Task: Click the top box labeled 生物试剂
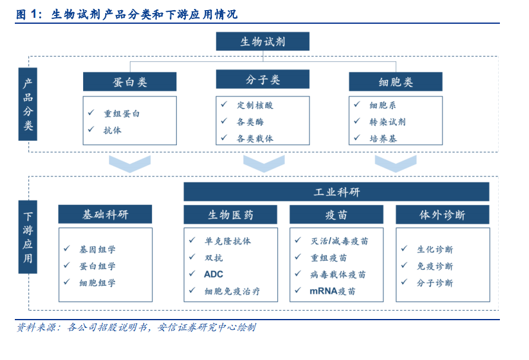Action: pos(262,41)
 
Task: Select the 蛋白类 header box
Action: pos(129,81)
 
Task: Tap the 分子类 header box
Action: pos(262,79)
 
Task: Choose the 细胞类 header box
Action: pos(395,81)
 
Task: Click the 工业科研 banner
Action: pos(337,192)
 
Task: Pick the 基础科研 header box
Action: pos(105,214)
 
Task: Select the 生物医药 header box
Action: pos(230,214)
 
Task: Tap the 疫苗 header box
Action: pos(337,214)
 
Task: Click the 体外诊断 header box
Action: pos(442,214)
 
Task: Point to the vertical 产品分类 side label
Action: pos(28,104)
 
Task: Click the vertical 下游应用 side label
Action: pos(28,237)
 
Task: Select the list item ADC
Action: pos(214,274)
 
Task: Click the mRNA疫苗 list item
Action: pos(332,291)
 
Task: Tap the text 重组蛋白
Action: pos(122,114)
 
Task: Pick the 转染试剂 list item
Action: pos(387,122)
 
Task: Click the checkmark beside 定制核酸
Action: pos(224,105)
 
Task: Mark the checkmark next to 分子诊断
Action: pos(404,282)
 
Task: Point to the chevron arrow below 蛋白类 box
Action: pos(129,164)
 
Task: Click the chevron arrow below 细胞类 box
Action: pos(395,164)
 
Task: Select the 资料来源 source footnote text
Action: pos(137,327)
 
